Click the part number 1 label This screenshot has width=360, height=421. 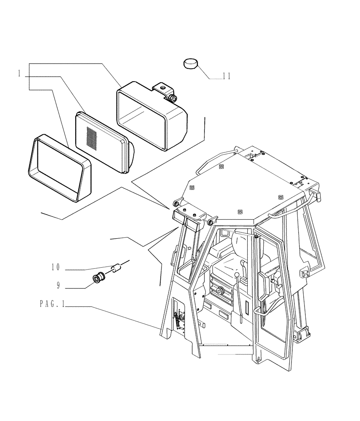[19, 74]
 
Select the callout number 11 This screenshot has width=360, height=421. [226, 77]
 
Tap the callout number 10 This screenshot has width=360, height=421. [56, 267]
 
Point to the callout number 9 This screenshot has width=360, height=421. [58, 285]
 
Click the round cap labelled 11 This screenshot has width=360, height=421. [190, 64]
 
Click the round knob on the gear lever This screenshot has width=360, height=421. [238, 275]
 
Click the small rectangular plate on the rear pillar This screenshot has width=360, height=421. [304, 274]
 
